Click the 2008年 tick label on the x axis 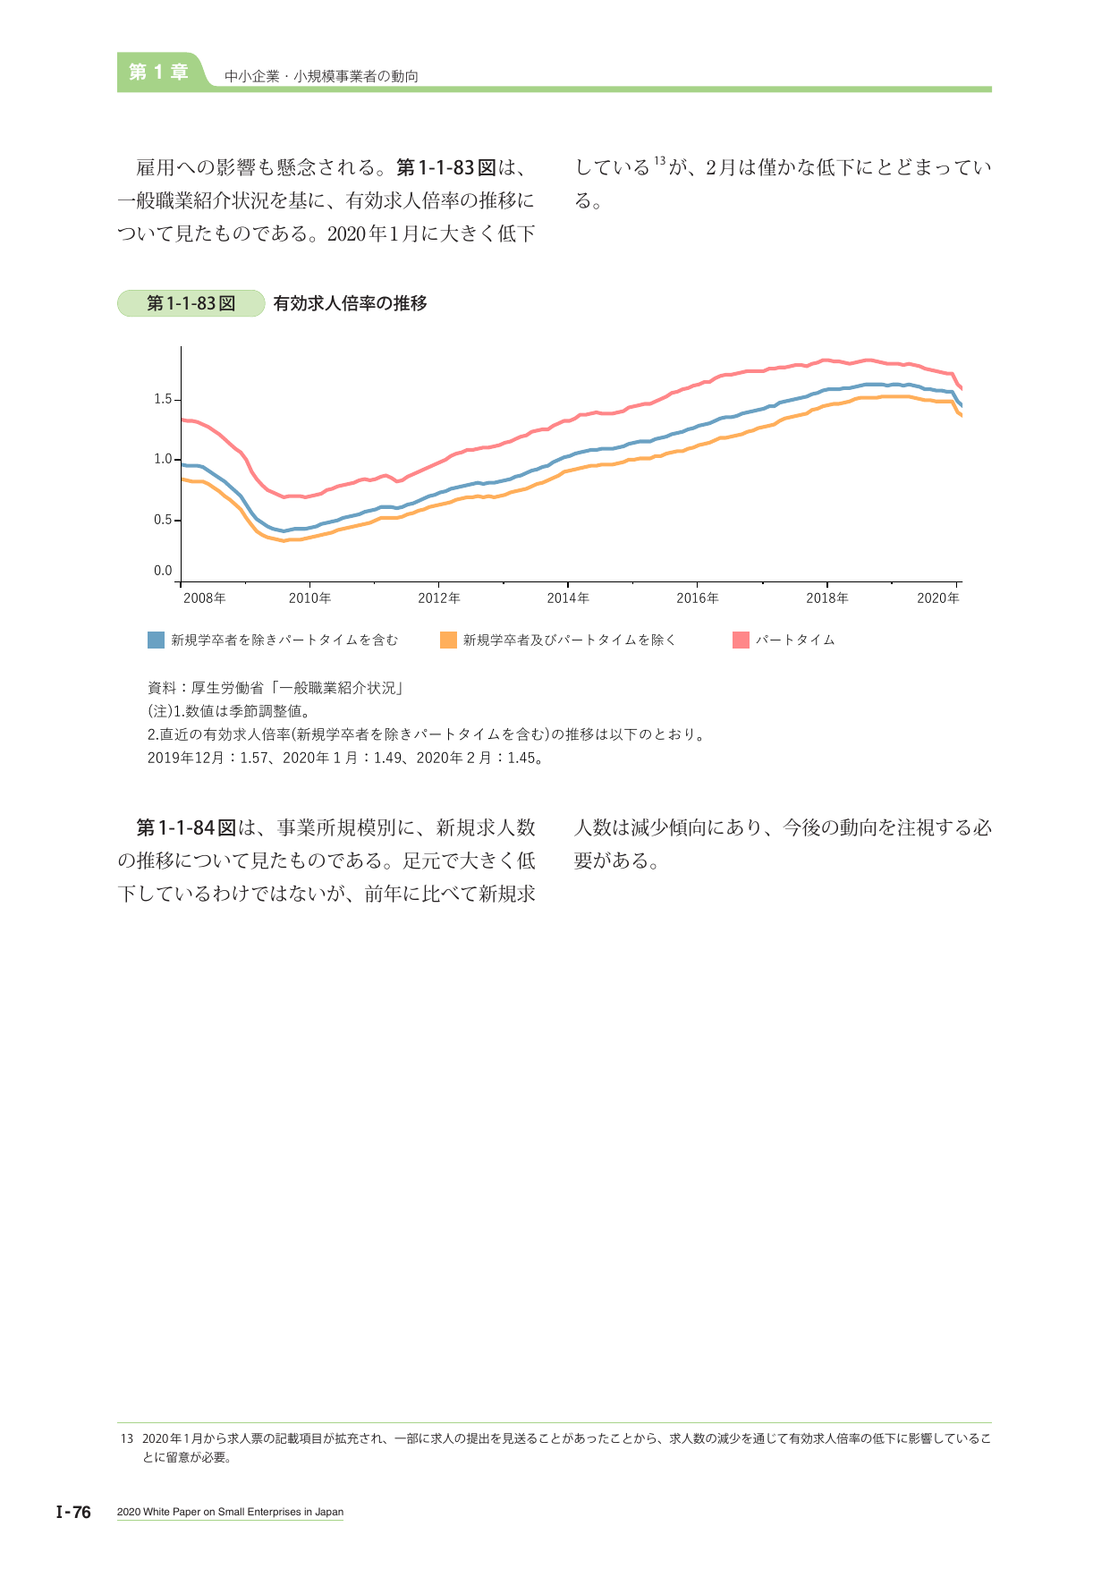coord(204,598)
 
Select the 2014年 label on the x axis coord(568,598)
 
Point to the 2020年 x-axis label coord(938,598)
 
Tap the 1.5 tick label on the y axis coord(163,399)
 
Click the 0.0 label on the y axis coord(163,571)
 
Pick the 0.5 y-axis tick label coord(163,520)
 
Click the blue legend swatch coord(156,640)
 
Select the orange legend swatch coord(448,640)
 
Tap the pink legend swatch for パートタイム coord(741,640)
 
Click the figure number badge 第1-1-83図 coord(191,303)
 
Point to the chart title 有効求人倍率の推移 coord(350,303)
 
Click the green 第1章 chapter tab coord(159,72)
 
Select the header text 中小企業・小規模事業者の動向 coord(322,77)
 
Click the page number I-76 coord(73,1513)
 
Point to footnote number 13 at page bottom coord(126,1439)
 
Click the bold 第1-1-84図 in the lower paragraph coord(186,827)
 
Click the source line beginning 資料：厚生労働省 coord(275,688)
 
